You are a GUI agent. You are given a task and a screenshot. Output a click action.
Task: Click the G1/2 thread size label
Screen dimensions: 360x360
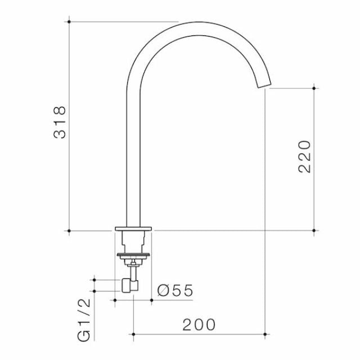[x=84, y=321]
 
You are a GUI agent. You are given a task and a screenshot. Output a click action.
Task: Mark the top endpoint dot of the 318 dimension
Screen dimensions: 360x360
[x=69, y=21]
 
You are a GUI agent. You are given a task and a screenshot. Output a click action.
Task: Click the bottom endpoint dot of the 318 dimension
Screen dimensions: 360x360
[x=69, y=231]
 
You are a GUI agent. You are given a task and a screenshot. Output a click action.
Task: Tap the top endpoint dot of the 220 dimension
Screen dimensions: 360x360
[x=314, y=88]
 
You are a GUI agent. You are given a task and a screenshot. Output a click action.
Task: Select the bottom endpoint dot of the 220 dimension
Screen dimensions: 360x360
[x=314, y=231]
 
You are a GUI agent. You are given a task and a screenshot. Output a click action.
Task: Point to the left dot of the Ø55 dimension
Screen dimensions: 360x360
[x=115, y=300]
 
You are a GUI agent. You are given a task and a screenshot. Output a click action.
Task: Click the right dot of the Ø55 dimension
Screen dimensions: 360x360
[x=151, y=300]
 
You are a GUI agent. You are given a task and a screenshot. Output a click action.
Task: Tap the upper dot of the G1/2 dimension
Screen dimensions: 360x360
[x=94, y=279]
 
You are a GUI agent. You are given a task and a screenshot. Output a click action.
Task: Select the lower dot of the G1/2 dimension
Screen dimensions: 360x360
[x=94, y=291]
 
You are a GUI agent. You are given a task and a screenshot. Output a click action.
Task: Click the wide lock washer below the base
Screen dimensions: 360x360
[x=133, y=256]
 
